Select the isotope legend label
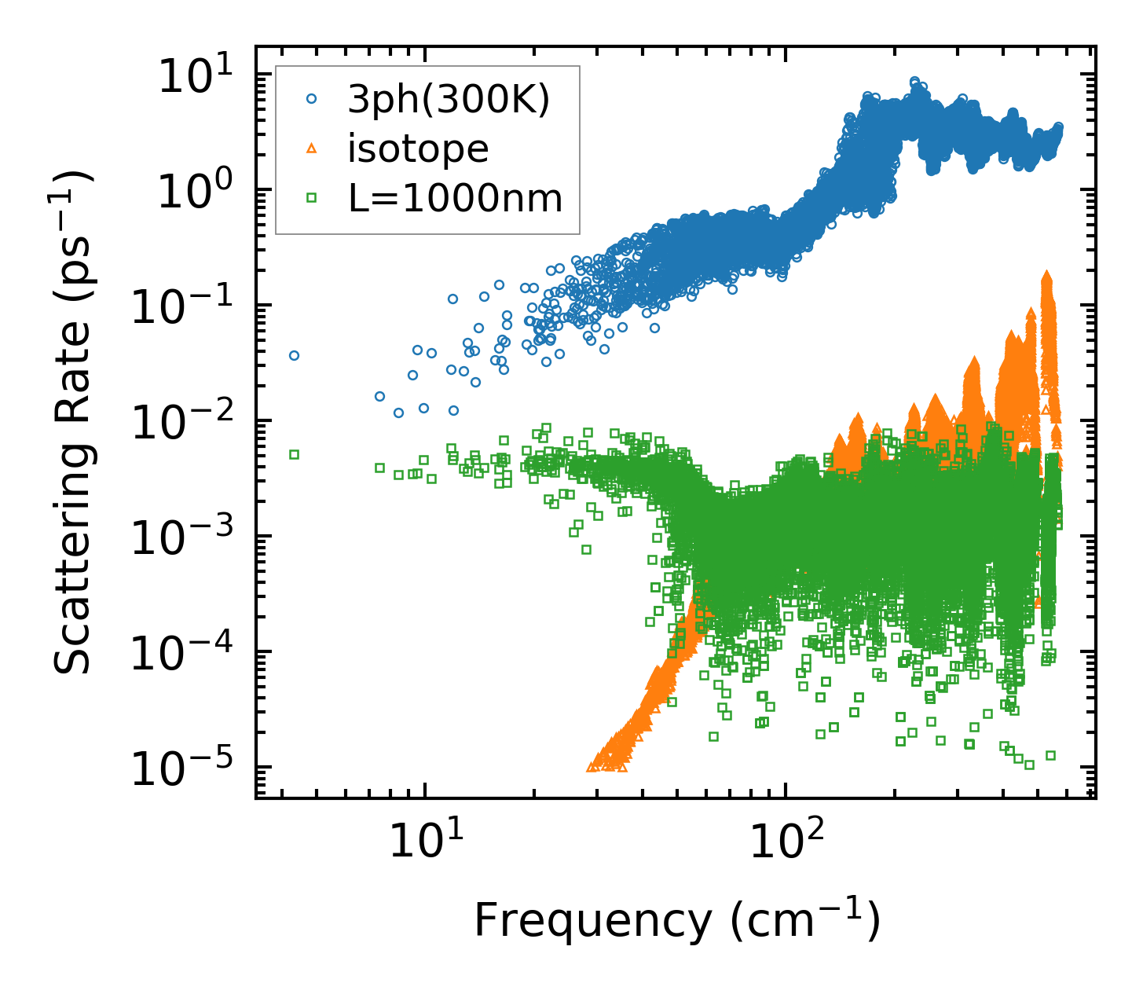coord(418,149)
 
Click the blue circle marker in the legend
coord(312,99)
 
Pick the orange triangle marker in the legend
coord(312,148)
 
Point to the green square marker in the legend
coord(312,198)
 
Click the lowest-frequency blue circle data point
coord(294,355)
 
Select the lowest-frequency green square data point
coord(294,454)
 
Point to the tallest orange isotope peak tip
coord(1046,275)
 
